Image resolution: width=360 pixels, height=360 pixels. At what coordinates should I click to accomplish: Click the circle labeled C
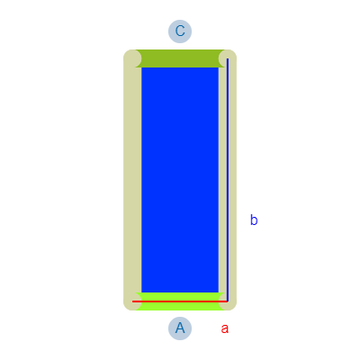[x=180, y=31]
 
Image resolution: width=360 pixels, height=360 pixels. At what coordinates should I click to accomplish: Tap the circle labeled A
[x=180, y=328]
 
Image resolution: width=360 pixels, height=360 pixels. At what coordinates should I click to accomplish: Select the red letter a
[x=225, y=328]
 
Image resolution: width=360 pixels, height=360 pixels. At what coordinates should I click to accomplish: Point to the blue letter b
[x=254, y=220]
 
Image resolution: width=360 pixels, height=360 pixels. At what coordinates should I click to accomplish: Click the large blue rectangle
[x=180, y=180]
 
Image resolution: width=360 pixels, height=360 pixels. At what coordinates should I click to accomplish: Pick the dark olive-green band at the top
[x=180, y=58]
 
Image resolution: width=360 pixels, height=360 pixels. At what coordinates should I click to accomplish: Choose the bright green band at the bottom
[x=180, y=301]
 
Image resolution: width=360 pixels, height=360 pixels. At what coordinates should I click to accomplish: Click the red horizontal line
[x=180, y=301]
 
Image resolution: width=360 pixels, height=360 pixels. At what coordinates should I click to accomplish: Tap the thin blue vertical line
[x=228, y=180]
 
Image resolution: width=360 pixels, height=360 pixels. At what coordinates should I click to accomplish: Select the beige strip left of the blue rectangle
[x=132, y=180]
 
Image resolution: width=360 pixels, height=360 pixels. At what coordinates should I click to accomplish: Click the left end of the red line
[x=132, y=301]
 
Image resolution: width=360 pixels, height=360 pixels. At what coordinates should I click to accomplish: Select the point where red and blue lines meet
[x=228, y=301]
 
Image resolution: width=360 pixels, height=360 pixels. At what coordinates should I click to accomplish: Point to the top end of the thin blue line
[x=228, y=58]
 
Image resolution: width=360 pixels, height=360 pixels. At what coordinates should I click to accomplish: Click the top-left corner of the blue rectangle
[x=141, y=67]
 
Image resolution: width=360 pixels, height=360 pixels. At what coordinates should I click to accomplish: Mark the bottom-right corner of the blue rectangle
[x=219, y=292]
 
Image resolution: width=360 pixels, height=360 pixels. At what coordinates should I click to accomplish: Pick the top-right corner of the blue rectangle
[x=219, y=67]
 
